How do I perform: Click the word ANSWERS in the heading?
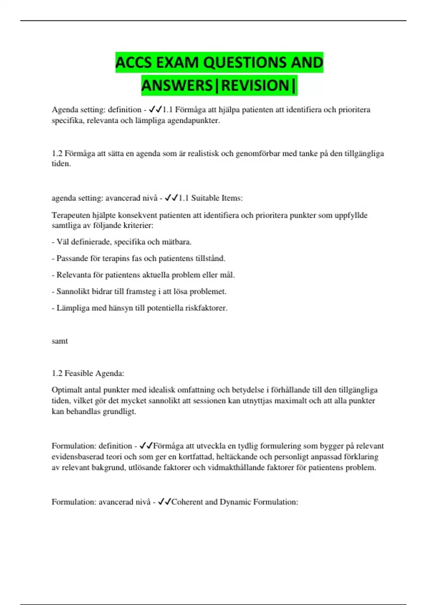tap(177, 86)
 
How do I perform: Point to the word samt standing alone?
tap(60, 341)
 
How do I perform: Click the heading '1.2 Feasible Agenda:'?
tap(88, 373)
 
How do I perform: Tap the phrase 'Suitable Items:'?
tap(217, 198)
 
